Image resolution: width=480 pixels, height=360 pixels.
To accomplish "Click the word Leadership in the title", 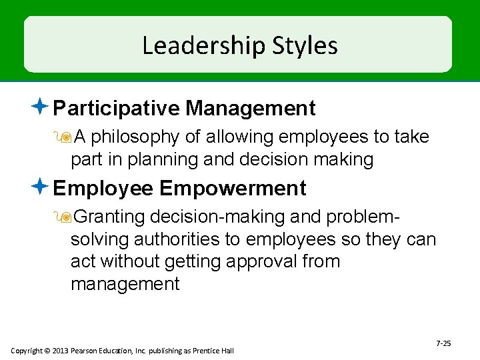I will coord(203,46).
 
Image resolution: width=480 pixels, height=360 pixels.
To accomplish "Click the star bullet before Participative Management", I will coord(41,106).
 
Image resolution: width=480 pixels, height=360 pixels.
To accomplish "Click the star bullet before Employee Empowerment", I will coord(41,187).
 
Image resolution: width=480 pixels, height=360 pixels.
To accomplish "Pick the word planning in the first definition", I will coord(168,160).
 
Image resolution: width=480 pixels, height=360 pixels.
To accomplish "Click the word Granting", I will coord(109,217).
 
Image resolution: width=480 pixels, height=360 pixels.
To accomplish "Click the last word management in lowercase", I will coord(125,285).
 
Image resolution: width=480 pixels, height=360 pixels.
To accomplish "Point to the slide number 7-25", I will coord(443,343).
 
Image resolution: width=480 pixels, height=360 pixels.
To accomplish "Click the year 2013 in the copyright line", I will coord(59,351).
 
